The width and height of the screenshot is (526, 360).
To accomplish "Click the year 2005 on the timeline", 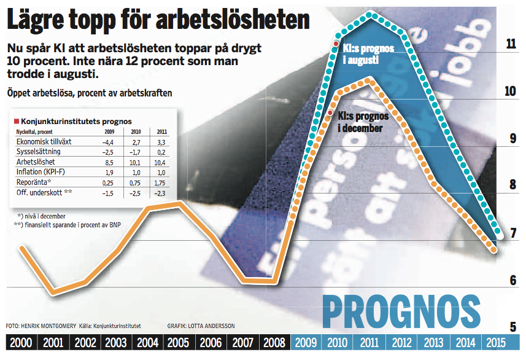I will (178, 343).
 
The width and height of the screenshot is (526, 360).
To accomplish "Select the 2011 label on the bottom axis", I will (369, 343).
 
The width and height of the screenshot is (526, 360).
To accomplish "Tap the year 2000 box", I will (21, 343).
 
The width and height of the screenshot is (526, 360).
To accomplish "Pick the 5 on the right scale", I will (513, 327).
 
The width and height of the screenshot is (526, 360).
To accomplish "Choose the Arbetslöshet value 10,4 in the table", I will (161, 162).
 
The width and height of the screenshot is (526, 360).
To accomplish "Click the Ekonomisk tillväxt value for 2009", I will (107, 142).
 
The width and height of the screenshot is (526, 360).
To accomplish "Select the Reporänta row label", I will (34, 182).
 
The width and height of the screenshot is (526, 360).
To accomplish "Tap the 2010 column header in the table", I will (136, 131).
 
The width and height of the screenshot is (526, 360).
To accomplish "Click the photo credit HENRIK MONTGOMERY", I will (48, 326).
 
